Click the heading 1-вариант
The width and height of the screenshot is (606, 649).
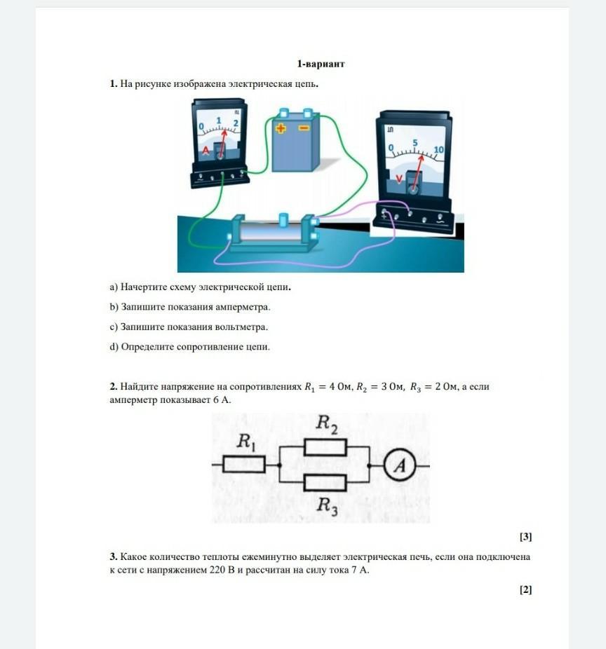(321, 64)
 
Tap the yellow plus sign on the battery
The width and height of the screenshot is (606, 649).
(281, 128)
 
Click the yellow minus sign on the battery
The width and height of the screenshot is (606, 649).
(304, 128)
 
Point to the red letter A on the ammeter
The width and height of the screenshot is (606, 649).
(206, 151)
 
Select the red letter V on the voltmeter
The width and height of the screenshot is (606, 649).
(399, 179)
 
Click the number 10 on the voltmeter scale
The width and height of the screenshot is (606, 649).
(438, 149)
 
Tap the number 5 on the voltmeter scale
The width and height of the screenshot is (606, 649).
(415, 143)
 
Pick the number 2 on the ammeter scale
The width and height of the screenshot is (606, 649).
(236, 123)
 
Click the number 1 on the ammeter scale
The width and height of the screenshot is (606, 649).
(219, 121)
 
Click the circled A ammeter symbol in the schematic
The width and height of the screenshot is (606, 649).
(400, 465)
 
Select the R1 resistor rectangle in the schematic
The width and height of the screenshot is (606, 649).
(244, 465)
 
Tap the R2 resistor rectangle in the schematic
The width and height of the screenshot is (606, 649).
(325, 447)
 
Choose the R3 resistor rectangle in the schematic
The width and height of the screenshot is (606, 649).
(325, 483)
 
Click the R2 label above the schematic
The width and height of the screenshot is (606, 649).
(327, 424)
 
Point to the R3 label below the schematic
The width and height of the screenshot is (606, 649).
(328, 506)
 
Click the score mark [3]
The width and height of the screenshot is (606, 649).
(525, 536)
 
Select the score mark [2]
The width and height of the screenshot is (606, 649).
(525, 589)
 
